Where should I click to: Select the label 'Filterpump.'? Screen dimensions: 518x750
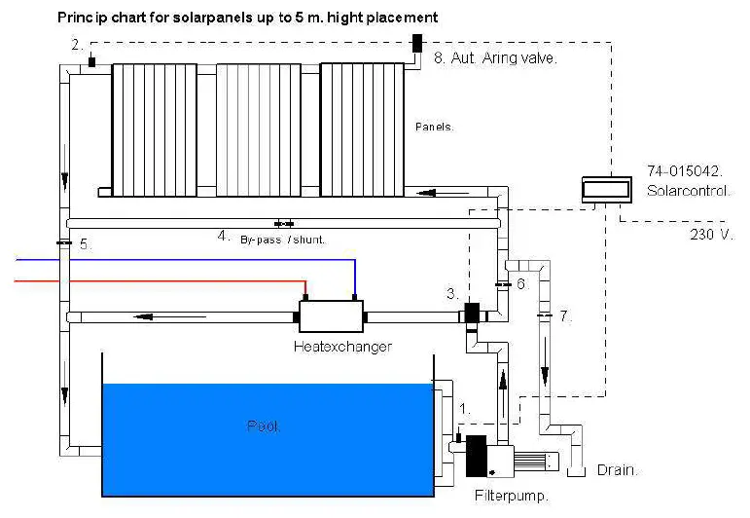coord(512,496)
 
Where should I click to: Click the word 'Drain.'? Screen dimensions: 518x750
coord(617,470)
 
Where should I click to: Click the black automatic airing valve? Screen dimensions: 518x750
coord(417,43)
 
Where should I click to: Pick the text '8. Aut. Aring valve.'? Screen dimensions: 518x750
coord(495,58)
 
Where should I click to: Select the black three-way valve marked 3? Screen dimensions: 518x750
coord(474,314)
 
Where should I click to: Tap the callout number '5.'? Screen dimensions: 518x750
coord(86,244)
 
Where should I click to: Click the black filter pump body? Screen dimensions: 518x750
coord(477,455)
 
